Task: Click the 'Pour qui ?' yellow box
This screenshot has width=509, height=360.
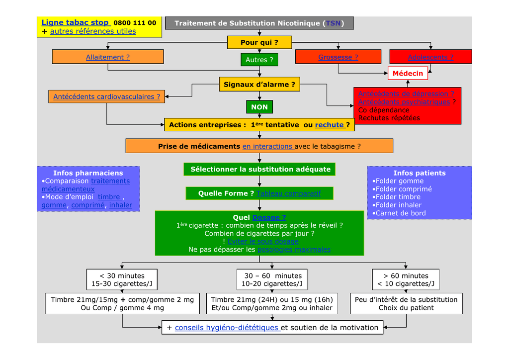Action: click(259, 42)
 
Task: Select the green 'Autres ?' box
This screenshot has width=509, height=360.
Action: click(259, 60)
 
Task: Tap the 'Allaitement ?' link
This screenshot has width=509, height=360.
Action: click(107, 57)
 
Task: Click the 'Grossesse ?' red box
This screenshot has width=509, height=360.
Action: click(338, 57)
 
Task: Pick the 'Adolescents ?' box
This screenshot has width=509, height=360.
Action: click(430, 57)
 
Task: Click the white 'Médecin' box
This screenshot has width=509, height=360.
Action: click(408, 74)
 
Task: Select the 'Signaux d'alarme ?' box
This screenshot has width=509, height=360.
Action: click(259, 85)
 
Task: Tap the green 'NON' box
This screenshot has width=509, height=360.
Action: click(259, 107)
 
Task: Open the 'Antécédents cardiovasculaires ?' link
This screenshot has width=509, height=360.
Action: click(106, 97)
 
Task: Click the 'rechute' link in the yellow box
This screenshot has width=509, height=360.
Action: click(330, 125)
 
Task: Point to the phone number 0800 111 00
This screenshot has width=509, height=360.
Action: click(135, 23)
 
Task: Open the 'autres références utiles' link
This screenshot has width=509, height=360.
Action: click(93, 31)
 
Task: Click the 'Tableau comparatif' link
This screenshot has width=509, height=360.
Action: click(288, 193)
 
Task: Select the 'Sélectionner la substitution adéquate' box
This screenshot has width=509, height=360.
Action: click(260, 169)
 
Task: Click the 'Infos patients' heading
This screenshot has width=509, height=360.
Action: click(419, 173)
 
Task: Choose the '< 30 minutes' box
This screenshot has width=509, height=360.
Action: click(122, 280)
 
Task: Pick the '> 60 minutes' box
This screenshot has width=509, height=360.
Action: click(406, 280)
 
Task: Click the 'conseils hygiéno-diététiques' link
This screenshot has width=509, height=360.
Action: click(227, 327)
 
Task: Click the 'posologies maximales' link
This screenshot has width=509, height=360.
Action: click(294, 250)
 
